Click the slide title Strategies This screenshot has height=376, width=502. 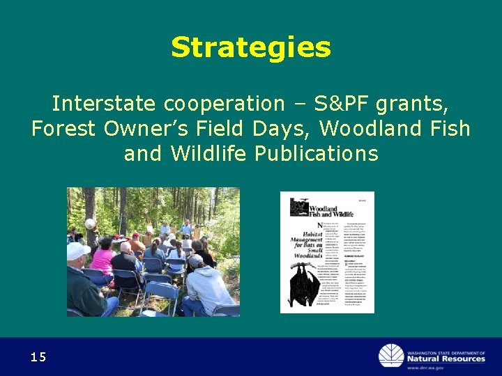pyautogui.click(x=251, y=47)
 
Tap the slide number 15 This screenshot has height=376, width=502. pyautogui.click(x=38, y=357)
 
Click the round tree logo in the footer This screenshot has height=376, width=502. pyautogui.click(x=390, y=356)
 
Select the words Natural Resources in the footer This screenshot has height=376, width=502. pyautogui.click(x=446, y=359)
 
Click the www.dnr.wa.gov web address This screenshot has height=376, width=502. pyautogui.click(x=446, y=368)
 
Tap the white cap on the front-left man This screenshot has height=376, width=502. pyautogui.click(x=78, y=250)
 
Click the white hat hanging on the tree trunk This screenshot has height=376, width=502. pyautogui.click(x=89, y=224)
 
